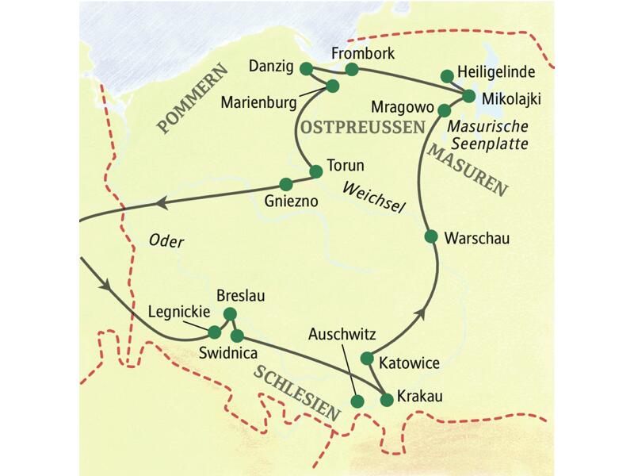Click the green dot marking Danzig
tap(305, 68)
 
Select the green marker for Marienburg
tap(333, 85)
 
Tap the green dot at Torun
tap(315, 170)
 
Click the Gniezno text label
tap(291, 202)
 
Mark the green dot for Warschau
tap(431, 236)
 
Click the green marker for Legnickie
tap(214, 332)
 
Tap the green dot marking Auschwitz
tap(357, 400)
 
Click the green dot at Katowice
tap(367, 359)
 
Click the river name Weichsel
tap(369, 197)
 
